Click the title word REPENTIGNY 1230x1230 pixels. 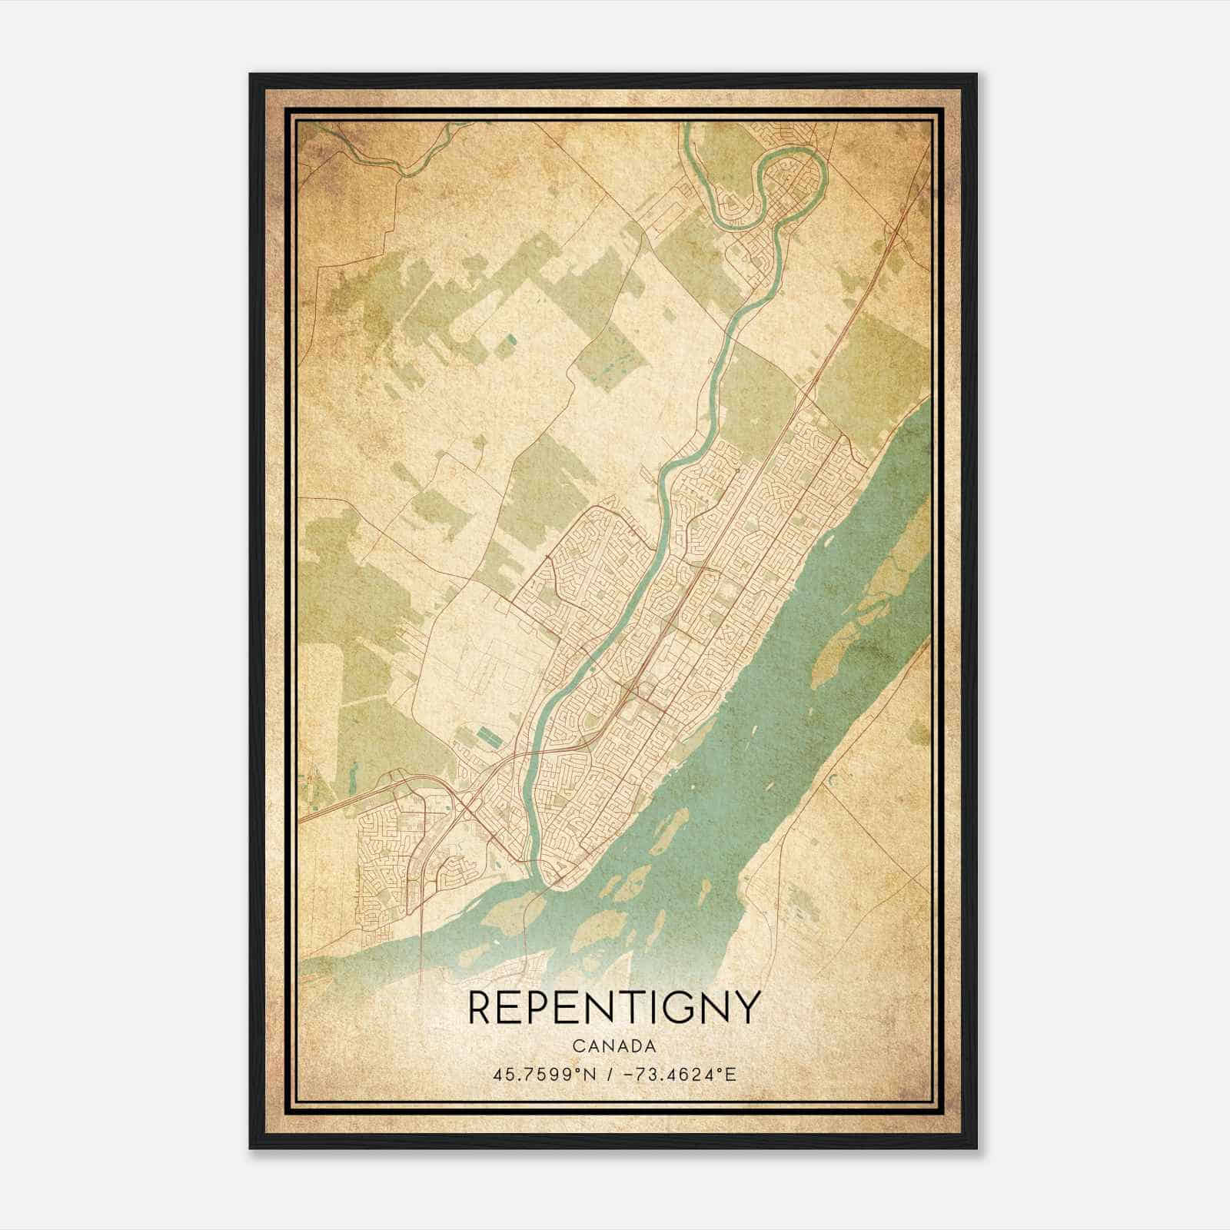[614, 1008]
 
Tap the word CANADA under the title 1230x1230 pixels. [614, 1046]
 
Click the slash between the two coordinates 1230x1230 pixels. [610, 1074]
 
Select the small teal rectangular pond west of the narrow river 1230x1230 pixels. [490, 738]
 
